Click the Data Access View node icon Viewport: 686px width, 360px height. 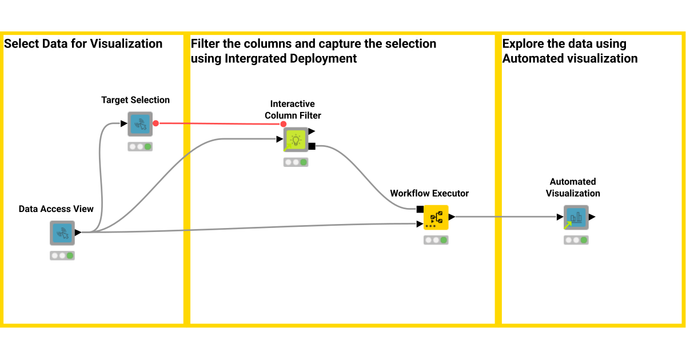click(x=62, y=233)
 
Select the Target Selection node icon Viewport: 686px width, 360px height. click(x=140, y=123)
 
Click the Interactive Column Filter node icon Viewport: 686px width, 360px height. click(x=296, y=139)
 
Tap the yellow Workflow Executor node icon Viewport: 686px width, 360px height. click(x=436, y=217)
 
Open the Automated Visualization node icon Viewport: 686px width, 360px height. click(x=576, y=217)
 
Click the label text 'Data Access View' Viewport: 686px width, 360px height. click(x=56, y=209)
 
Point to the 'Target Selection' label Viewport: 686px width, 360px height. click(x=135, y=100)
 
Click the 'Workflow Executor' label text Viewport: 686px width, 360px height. click(x=429, y=193)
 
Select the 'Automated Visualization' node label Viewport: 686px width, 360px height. click(x=573, y=187)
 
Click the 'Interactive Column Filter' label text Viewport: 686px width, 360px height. click(x=293, y=110)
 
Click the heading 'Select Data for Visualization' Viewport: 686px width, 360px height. click(x=83, y=44)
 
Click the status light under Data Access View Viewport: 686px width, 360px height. click(x=62, y=255)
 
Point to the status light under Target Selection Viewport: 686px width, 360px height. click(x=140, y=146)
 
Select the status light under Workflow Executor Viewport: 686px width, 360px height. click(x=436, y=240)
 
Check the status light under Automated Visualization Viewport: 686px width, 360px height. click(x=576, y=240)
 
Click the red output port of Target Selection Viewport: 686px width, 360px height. click(x=155, y=123)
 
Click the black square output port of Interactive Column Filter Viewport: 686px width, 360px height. click(x=312, y=146)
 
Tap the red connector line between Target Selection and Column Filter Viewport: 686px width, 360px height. click(x=217, y=123)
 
